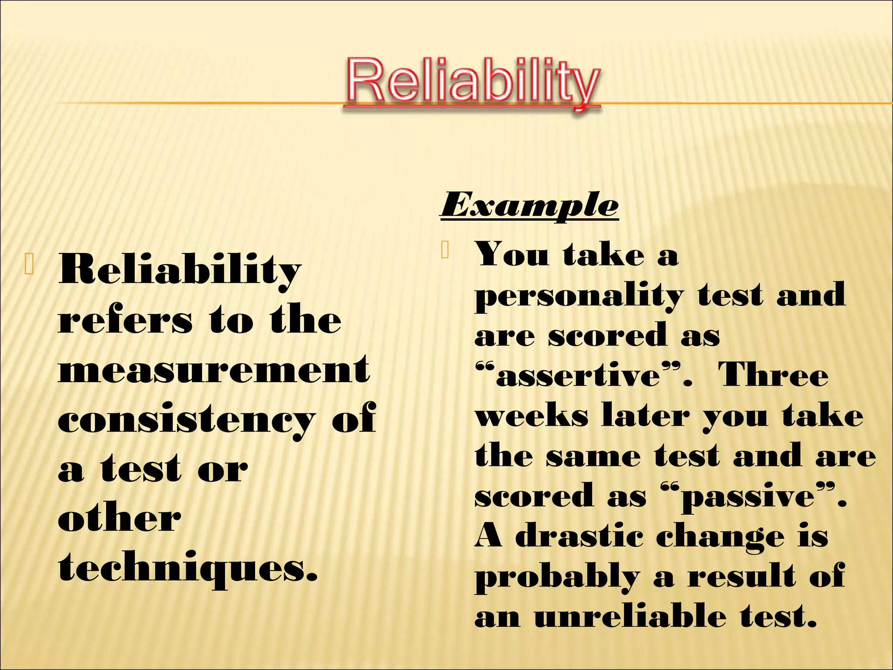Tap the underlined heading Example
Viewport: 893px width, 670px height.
[529, 205]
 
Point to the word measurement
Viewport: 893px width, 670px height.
[214, 370]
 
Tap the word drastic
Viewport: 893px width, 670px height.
[579, 537]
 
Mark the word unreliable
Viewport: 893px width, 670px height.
[630, 617]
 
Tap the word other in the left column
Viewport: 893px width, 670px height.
[119, 519]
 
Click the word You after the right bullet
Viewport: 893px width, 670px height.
[511, 254]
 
